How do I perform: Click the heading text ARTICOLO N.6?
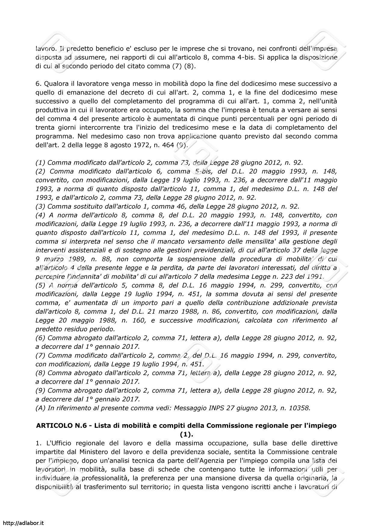pos(57,426)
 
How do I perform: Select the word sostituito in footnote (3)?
pos(88,207)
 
